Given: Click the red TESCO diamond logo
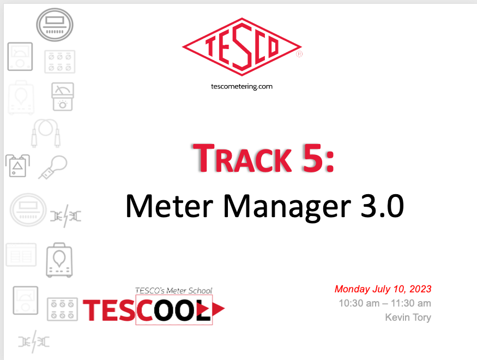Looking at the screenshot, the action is pyautogui.click(x=242, y=46).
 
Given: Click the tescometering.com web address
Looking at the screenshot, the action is pyautogui.click(x=242, y=86).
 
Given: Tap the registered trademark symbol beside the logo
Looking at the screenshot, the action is pyautogui.click(x=299, y=54).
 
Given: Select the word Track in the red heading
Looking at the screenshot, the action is pyautogui.click(x=243, y=159).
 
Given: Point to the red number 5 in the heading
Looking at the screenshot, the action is pyautogui.click(x=312, y=158).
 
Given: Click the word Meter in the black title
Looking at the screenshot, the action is pyautogui.click(x=170, y=206).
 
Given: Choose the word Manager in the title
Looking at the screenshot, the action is pyautogui.click(x=287, y=207).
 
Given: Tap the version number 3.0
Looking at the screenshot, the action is pyautogui.click(x=382, y=206).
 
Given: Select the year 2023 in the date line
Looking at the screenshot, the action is pyautogui.click(x=420, y=289).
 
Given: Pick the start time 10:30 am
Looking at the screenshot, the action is pyautogui.click(x=359, y=303).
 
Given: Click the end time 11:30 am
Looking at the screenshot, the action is pyautogui.click(x=411, y=303).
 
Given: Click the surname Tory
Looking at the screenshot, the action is pyautogui.click(x=422, y=317).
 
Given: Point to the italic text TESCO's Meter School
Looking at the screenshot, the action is pyautogui.click(x=174, y=291).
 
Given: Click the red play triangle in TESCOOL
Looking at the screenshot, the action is pyautogui.click(x=218, y=309).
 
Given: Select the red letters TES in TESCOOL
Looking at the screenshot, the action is pyautogui.click(x=108, y=310).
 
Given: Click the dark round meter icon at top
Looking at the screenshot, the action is pyautogui.click(x=55, y=25).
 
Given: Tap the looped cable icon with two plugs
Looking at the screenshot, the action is pyautogui.click(x=46, y=133).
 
